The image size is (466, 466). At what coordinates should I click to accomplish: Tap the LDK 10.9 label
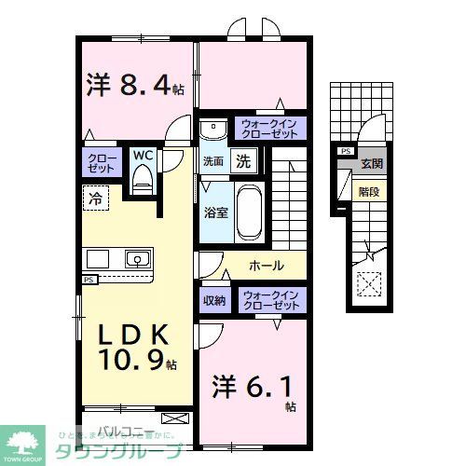pos(130,346)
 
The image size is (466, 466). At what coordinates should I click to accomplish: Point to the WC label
pos(143,155)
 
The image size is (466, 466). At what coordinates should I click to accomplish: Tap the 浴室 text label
pos(214,212)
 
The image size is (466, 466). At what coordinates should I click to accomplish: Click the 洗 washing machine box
pos(242,160)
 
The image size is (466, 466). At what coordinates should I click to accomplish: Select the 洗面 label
pos(213,160)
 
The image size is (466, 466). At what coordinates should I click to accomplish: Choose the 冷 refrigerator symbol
pos(94,196)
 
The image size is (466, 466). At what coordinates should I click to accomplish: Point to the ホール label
pos(267,266)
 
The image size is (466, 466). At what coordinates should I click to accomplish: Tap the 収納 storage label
pos(213,300)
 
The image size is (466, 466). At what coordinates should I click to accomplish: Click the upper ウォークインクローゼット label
pos(269,128)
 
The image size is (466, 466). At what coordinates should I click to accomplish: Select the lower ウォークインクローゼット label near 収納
pos(269,300)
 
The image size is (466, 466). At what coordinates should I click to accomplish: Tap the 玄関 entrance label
pos(372,163)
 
